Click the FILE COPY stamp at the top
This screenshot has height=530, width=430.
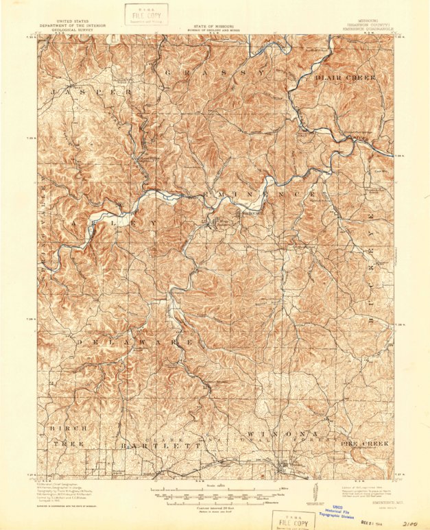pos(145,14)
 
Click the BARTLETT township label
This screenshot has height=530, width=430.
pos(162,446)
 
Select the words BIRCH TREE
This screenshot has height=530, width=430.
pos(67,436)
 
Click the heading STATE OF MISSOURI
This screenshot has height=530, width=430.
pos(215,25)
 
